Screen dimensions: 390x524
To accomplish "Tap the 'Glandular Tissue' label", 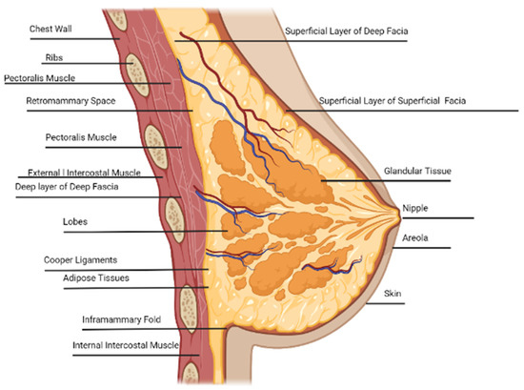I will click(416, 172).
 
